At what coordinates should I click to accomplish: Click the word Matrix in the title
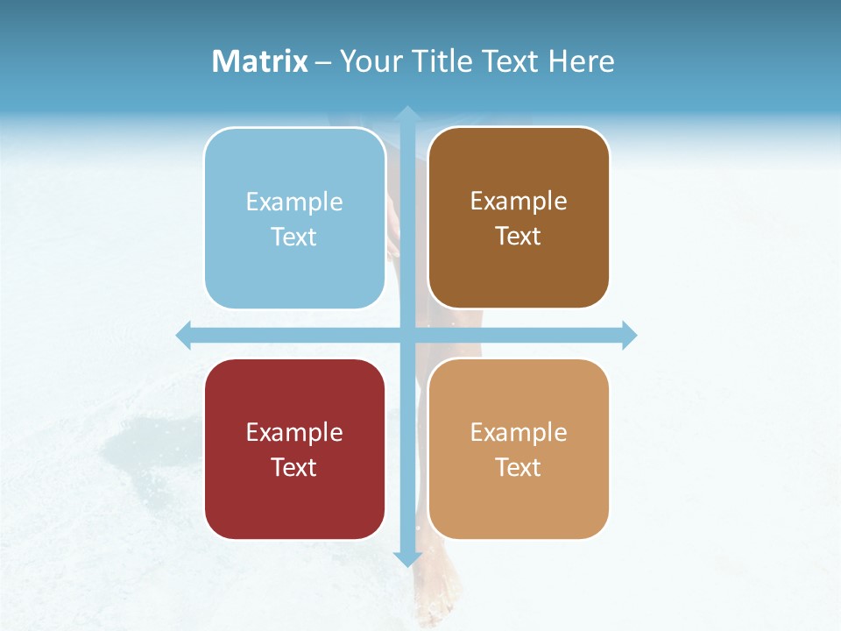click(x=260, y=61)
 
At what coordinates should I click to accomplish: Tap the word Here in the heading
click(x=581, y=61)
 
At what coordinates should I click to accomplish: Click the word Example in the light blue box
click(x=294, y=202)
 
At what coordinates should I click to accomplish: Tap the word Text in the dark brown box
click(x=519, y=237)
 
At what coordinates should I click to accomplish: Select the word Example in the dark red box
click(x=294, y=432)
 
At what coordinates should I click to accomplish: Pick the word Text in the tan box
click(x=519, y=467)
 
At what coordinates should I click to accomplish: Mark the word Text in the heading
click(x=512, y=61)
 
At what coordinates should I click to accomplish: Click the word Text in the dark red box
click(x=294, y=467)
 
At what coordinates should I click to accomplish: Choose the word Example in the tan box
click(x=519, y=432)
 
